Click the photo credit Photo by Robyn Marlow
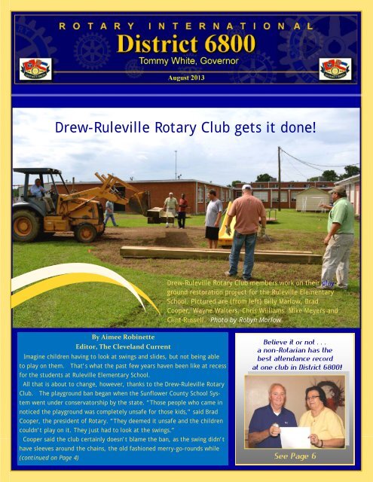pos(247,320)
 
